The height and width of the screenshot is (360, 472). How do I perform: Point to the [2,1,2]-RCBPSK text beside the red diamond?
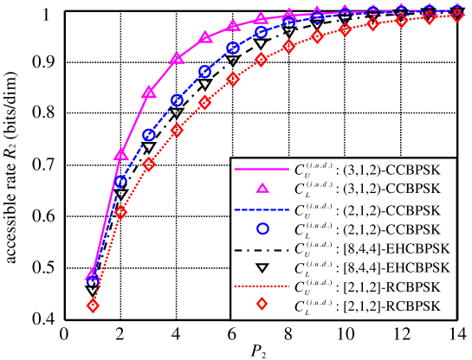[386, 306]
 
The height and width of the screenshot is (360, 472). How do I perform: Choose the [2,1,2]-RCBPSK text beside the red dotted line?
[386, 286]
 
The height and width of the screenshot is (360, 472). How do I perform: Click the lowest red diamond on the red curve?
[93, 305]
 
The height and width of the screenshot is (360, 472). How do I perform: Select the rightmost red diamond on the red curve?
[457, 16]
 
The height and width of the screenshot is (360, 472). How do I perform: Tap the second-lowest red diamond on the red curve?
[120, 212]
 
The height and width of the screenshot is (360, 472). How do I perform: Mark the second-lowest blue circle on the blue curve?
[120, 182]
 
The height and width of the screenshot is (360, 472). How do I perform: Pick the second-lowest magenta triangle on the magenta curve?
[121, 155]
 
